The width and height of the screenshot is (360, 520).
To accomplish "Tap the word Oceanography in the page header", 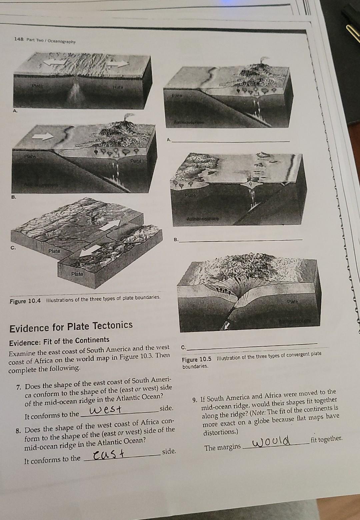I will pos(62,41).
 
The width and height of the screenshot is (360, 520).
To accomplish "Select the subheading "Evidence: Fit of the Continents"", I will pos(59,340).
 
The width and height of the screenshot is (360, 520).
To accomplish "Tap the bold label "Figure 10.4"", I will pos(25,301).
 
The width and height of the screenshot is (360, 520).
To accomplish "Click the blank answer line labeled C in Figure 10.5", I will pos(252,346).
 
